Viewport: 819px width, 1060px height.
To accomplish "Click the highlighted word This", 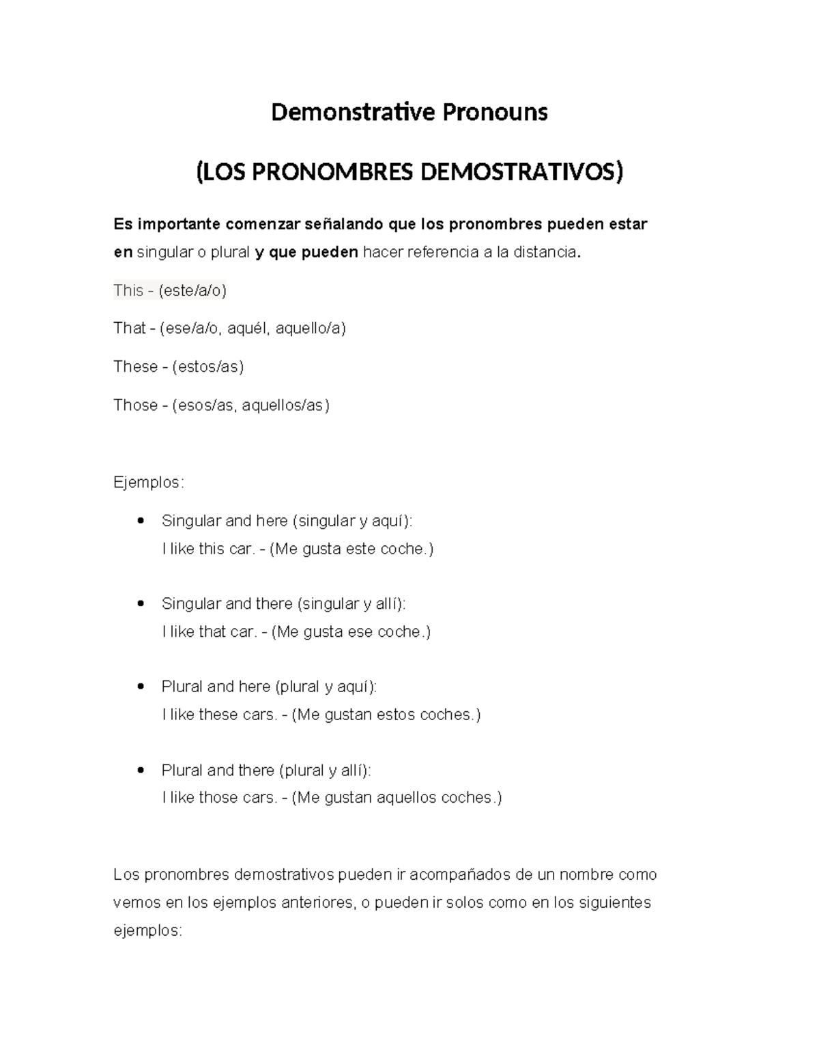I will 128,291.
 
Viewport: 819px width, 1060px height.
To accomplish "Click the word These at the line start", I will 136,367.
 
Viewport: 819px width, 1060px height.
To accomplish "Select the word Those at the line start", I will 136,405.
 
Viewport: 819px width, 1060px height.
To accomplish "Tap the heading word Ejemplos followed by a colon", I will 147,483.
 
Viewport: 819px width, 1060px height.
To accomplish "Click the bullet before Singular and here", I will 141,521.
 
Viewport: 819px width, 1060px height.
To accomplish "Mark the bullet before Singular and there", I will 141,603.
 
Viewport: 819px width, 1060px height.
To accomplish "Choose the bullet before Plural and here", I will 141,686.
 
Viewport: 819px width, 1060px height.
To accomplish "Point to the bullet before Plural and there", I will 141,770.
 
